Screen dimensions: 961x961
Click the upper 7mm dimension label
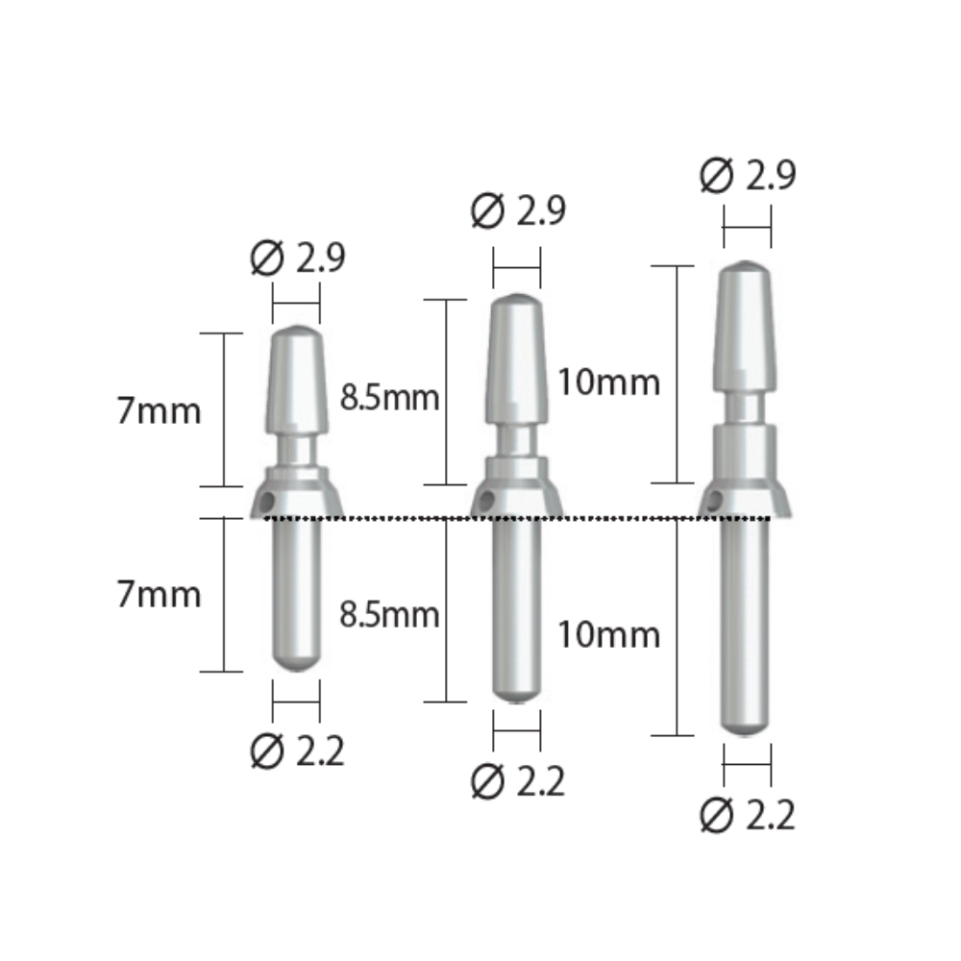160,411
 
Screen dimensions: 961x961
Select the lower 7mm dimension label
160,594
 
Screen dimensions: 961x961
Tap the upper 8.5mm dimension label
390,397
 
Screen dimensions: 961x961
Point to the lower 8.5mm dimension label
390,614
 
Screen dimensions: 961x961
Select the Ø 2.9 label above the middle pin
518,211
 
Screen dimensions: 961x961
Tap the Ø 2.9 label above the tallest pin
748,176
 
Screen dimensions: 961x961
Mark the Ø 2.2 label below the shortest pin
297,751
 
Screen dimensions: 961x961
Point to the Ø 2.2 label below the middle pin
518,783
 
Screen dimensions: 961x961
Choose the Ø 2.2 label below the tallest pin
748,816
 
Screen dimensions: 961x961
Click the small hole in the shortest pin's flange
273,501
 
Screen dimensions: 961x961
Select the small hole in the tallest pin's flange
715,499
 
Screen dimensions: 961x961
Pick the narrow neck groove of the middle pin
517,440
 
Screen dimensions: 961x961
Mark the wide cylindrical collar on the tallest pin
747,452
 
